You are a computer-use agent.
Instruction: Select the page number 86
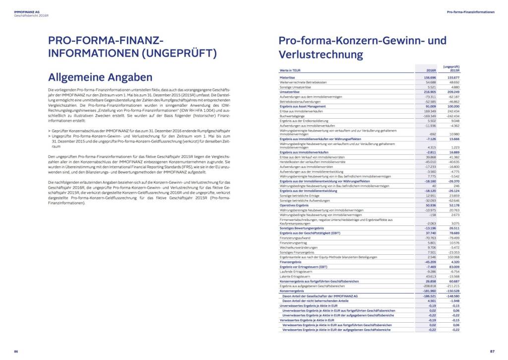click(16, 352)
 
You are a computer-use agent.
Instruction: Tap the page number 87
click(492, 352)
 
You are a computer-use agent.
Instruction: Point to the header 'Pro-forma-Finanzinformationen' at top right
click(471, 11)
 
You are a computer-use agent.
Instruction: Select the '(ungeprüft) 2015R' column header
click(451, 69)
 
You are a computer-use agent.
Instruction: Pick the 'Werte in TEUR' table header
click(291, 71)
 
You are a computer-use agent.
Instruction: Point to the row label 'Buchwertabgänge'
click(292, 116)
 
